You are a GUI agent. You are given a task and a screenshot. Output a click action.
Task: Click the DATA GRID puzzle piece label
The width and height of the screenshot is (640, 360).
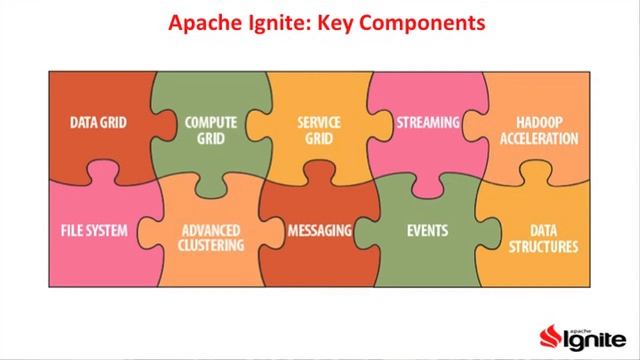pos(98,123)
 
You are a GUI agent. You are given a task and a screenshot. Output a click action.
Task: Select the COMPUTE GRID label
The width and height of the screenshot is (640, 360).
pos(211,130)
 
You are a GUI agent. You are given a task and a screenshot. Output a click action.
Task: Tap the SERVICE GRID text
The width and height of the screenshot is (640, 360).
pos(320,130)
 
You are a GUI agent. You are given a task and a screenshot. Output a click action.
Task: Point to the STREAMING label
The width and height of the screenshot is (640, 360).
pos(427,123)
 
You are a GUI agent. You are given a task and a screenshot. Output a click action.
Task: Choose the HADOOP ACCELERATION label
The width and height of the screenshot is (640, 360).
pos(540,130)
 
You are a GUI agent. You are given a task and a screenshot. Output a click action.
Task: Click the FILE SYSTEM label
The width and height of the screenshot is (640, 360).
pos(94,230)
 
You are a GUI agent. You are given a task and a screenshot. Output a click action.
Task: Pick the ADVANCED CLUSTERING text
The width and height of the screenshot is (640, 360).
pos(211,237)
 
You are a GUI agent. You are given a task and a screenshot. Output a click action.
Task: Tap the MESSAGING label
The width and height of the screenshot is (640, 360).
pos(320,230)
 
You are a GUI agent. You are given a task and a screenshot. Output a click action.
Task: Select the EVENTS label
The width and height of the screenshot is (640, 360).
pos(427,230)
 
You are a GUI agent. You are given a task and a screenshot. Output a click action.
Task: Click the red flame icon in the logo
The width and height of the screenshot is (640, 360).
pos(549,334)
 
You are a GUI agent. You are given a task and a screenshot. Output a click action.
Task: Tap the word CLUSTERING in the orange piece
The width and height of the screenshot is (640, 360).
pos(211,245)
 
